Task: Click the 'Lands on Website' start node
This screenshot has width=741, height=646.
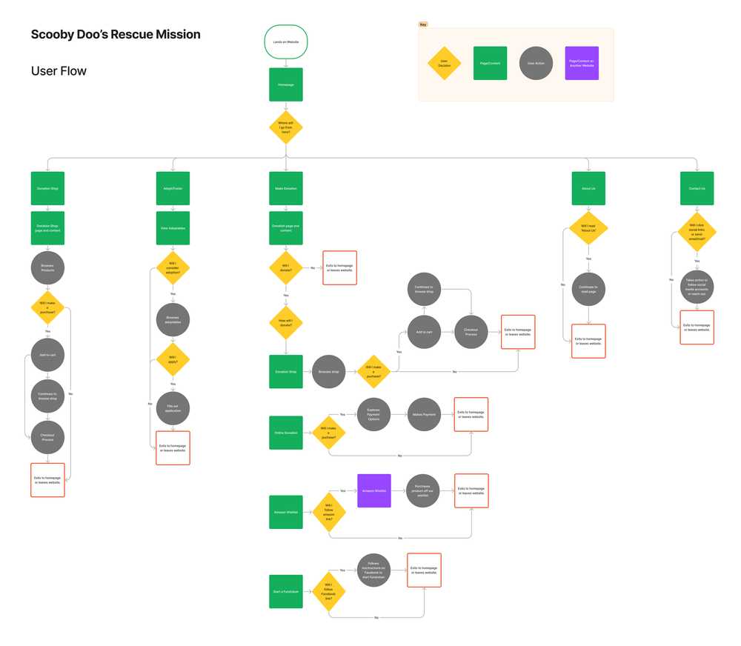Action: click(x=286, y=42)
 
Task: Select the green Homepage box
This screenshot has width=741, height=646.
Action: click(x=286, y=84)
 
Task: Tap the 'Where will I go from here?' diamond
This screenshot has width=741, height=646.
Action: click(x=286, y=127)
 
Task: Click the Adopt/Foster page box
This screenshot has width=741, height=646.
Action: click(x=173, y=188)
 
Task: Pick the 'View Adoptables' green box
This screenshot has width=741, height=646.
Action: click(x=173, y=228)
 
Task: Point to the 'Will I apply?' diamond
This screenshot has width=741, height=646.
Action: click(x=173, y=360)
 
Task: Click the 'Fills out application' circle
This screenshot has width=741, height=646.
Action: click(x=173, y=408)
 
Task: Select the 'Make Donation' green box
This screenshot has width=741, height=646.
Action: click(x=286, y=188)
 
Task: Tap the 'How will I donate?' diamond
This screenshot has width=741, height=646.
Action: click(x=286, y=323)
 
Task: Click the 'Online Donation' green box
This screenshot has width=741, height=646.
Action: click(x=286, y=433)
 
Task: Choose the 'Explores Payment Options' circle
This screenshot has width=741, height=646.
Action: click(x=374, y=415)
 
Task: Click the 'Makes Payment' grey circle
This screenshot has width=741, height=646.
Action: click(x=424, y=415)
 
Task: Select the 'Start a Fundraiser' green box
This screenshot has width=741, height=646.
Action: click(x=286, y=591)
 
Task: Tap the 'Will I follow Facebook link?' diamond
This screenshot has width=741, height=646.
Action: click(x=329, y=591)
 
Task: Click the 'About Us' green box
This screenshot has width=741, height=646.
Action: click(x=588, y=188)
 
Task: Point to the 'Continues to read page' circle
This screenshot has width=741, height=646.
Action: click(x=588, y=289)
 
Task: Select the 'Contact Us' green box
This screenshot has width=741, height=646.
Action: click(x=697, y=188)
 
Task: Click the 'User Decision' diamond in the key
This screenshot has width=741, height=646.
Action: click(x=445, y=64)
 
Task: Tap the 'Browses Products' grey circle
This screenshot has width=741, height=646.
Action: click(x=47, y=268)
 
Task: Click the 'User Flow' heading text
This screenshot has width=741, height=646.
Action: click(x=59, y=71)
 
